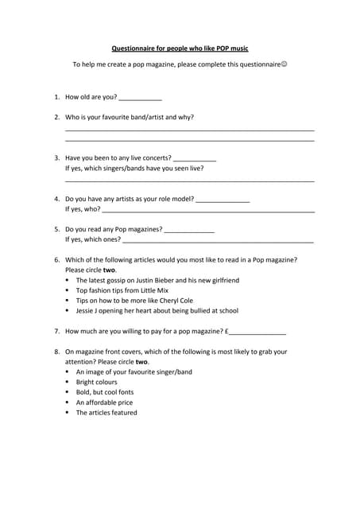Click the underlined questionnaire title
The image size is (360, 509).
[x=180, y=49]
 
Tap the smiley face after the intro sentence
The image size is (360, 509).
[x=284, y=64]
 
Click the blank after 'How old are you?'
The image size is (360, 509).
[x=141, y=98]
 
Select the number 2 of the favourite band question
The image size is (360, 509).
[x=56, y=117]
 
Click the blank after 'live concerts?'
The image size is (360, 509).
[x=194, y=158]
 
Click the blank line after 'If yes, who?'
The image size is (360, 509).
[x=208, y=210]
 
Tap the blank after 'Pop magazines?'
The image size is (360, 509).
[x=189, y=230]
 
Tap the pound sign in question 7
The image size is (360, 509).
[x=226, y=331]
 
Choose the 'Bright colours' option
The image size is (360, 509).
[x=96, y=382]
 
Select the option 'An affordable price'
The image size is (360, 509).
[x=104, y=402]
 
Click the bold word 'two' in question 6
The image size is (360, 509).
[x=109, y=270]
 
